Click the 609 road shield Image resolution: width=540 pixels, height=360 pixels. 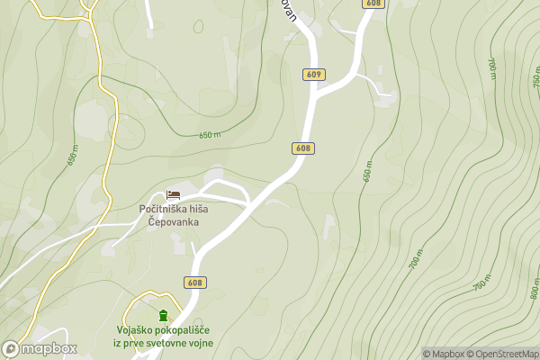click(313, 75)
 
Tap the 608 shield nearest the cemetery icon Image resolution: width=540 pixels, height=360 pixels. click(195, 283)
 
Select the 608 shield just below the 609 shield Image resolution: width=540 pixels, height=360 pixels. click(302, 148)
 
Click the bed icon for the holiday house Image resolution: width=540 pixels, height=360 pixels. click(174, 194)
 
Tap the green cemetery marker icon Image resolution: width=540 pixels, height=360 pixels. click(163, 315)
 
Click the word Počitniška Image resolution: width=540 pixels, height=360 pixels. click(162, 210)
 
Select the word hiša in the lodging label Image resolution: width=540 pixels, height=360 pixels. click(197, 210)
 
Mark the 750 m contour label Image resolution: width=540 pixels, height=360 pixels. click(483, 280)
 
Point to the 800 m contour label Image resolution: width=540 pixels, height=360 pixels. click(535, 290)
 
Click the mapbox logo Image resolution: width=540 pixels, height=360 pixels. click(40, 348)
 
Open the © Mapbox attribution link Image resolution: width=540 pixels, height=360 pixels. click(444, 354)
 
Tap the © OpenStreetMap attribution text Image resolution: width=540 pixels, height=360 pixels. click(502, 354)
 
